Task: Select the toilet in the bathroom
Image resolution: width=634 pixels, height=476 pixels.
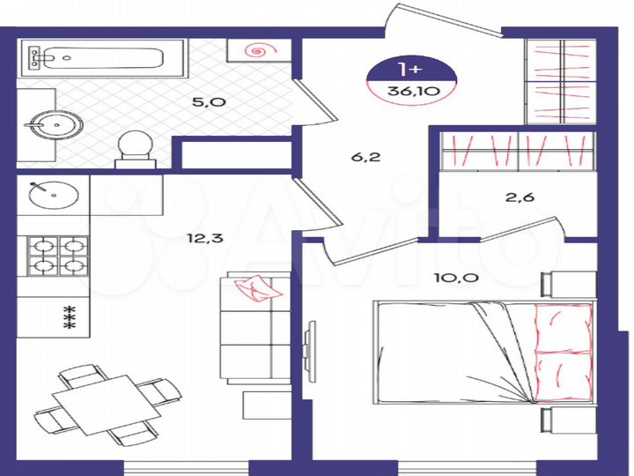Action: (x=136, y=148)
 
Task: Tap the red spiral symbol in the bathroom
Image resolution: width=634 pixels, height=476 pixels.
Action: (x=257, y=50)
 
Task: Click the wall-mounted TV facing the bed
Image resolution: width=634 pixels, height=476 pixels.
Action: (x=309, y=351)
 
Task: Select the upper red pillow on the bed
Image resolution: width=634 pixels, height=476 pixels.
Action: (x=561, y=326)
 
